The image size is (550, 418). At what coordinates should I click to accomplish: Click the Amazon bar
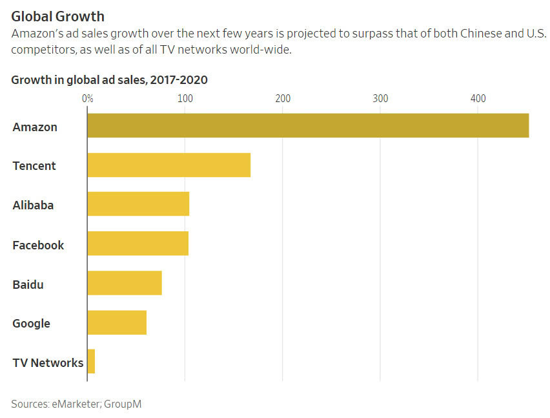tap(308, 125)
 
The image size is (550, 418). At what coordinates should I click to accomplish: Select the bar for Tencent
tap(168, 165)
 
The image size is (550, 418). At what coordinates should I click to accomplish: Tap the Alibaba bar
tap(138, 204)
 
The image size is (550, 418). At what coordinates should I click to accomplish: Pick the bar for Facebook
tap(137, 244)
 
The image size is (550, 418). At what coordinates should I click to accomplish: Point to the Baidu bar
tap(125, 283)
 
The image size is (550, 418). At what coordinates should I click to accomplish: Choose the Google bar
tap(117, 322)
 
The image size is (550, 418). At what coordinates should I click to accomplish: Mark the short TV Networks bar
tap(91, 362)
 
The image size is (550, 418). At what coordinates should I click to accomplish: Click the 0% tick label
tap(88, 98)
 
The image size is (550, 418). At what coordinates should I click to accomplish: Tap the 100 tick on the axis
tap(185, 98)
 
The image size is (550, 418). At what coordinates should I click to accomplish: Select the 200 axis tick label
tap(283, 98)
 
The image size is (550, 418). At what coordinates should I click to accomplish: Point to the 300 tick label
tap(380, 98)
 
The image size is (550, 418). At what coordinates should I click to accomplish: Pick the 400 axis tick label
tap(478, 98)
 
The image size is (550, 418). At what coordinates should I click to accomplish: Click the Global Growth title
tap(57, 16)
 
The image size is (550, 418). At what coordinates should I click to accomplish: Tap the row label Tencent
tap(34, 166)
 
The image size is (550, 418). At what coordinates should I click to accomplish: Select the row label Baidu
tap(28, 284)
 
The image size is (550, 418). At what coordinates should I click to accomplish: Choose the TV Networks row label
tap(48, 362)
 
